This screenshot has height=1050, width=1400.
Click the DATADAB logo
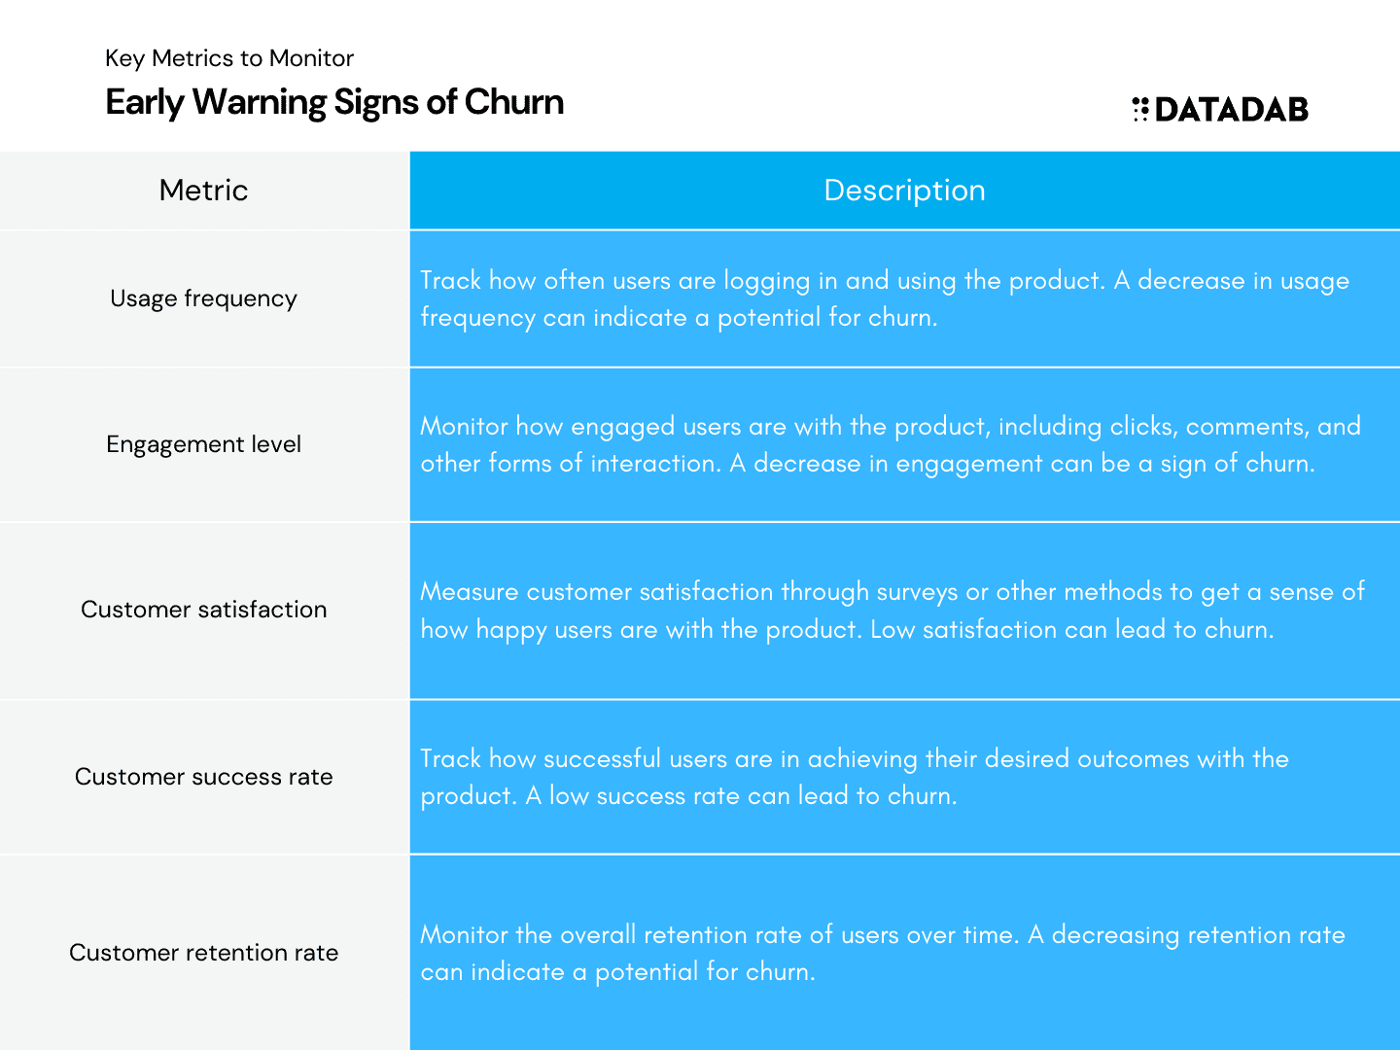click(x=1219, y=109)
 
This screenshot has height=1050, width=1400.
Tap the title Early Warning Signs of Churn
click(x=334, y=102)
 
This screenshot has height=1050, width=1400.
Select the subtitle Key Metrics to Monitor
click(x=229, y=58)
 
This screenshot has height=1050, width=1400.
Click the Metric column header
click(x=203, y=190)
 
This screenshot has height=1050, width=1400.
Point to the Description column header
click(x=904, y=190)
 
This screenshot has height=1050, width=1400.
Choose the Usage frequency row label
click(x=203, y=298)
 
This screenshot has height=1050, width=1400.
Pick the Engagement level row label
click(x=203, y=444)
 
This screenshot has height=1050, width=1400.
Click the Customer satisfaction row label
click(x=203, y=610)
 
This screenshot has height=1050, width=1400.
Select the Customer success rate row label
click(x=203, y=777)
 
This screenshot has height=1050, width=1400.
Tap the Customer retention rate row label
click(x=203, y=953)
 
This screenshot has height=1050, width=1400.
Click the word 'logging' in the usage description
click(x=767, y=282)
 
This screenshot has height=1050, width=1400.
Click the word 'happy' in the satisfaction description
click(x=511, y=631)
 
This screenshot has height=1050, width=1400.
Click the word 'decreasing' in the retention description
click(x=1115, y=936)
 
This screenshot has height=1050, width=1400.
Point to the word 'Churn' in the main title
click(x=514, y=102)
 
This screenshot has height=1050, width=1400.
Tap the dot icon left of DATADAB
click(x=1140, y=109)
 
